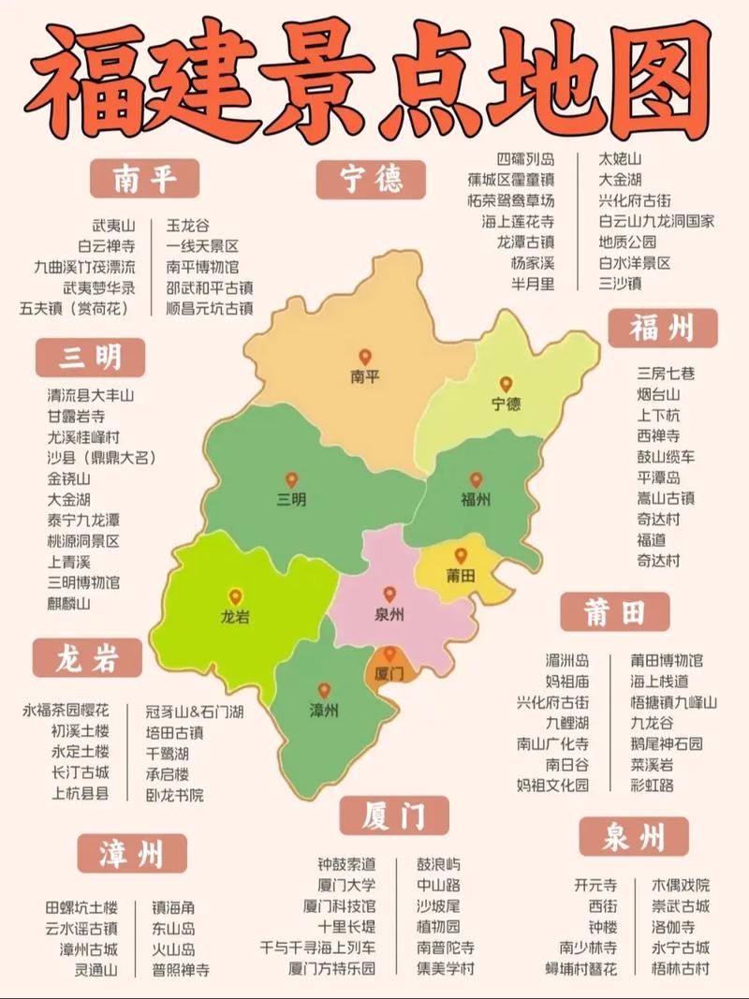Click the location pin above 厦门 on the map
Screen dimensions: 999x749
389,654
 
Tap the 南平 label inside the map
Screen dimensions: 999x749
364,378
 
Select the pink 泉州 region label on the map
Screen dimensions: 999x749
389,616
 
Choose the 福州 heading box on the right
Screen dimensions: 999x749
662,329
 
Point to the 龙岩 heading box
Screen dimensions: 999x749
87,658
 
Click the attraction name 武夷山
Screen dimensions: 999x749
113,226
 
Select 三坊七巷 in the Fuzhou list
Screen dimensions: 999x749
666,374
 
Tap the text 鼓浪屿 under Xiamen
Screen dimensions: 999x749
438,863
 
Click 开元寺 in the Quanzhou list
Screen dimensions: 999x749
595,885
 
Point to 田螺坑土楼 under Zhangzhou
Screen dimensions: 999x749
81,907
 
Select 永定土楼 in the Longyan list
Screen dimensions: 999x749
80,752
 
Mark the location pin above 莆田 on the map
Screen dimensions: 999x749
461,556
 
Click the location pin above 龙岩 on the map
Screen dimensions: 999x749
235,596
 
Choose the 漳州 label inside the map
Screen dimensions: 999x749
323,710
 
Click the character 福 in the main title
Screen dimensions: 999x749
87,80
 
